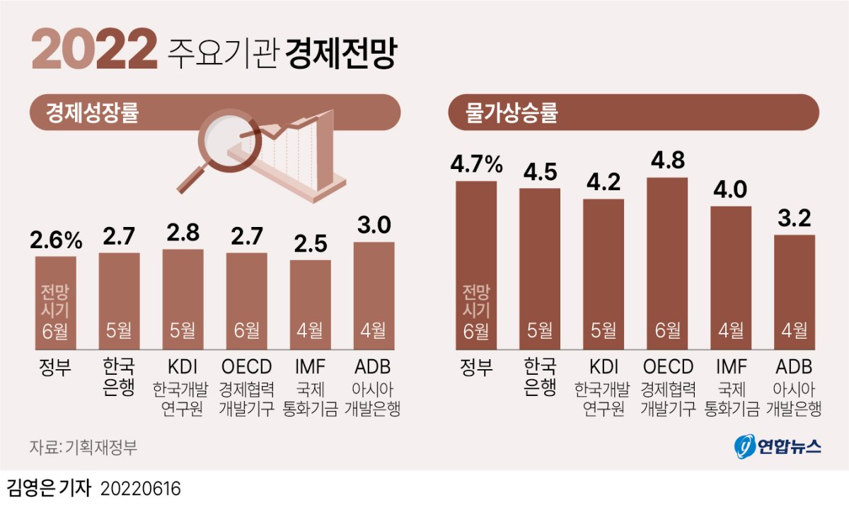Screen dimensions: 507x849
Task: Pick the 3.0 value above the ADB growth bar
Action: click(374, 226)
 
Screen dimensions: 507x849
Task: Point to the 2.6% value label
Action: click(56, 240)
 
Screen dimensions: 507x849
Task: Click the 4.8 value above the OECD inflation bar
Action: click(667, 161)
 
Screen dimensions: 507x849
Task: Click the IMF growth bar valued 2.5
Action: click(310, 304)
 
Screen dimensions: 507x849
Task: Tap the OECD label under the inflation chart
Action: click(667, 367)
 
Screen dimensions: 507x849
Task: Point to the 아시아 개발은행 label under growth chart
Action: click(374, 399)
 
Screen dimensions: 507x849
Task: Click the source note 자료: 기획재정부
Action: click(83, 447)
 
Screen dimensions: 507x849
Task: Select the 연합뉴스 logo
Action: click(778, 446)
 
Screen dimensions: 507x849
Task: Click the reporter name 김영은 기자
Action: click(49, 489)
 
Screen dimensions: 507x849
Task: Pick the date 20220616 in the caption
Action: click(141, 489)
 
